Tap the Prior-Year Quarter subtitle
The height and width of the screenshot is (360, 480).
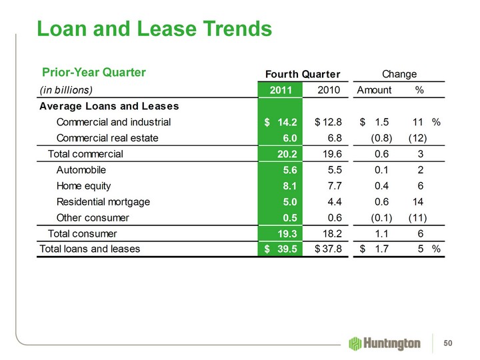click(x=94, y=72)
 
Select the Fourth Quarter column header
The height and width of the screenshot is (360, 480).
click(x=303, y=73)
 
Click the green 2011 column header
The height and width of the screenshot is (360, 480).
click(x=281, y=89)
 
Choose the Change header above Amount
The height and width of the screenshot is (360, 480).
click(x=399, y=73)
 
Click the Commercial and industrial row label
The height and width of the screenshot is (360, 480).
click(x=114, y=122)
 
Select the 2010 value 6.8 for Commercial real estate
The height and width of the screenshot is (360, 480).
click(x=333, y=138)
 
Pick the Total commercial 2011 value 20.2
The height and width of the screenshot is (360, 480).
click(x=285, y=154)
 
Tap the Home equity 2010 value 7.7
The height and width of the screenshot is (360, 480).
click(x=333, y=186)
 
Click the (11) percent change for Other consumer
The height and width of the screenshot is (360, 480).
click(x=417, y=217)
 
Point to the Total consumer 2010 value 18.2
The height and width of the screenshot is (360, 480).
click(x=331, y=233)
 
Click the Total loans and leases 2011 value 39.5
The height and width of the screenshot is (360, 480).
click(x=285, y=249)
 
